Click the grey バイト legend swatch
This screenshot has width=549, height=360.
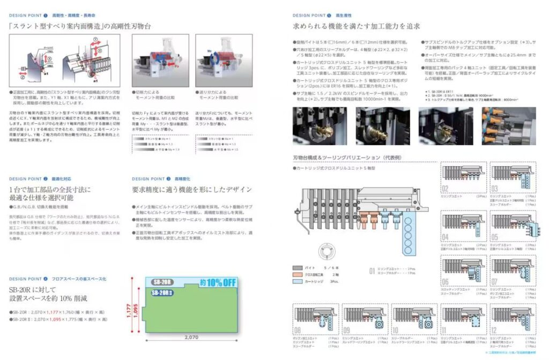pos(298,267)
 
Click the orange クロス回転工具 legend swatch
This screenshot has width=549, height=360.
pos(298,274)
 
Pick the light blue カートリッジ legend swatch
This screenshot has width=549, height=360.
pos(298,280)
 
